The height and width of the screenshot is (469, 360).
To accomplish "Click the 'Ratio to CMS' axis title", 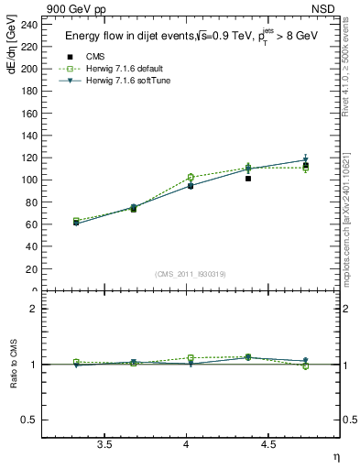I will coord(15,365).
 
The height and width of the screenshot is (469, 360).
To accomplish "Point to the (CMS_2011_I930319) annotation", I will coord(191,274).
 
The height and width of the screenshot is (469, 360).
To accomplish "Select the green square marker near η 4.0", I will coord(191,177).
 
